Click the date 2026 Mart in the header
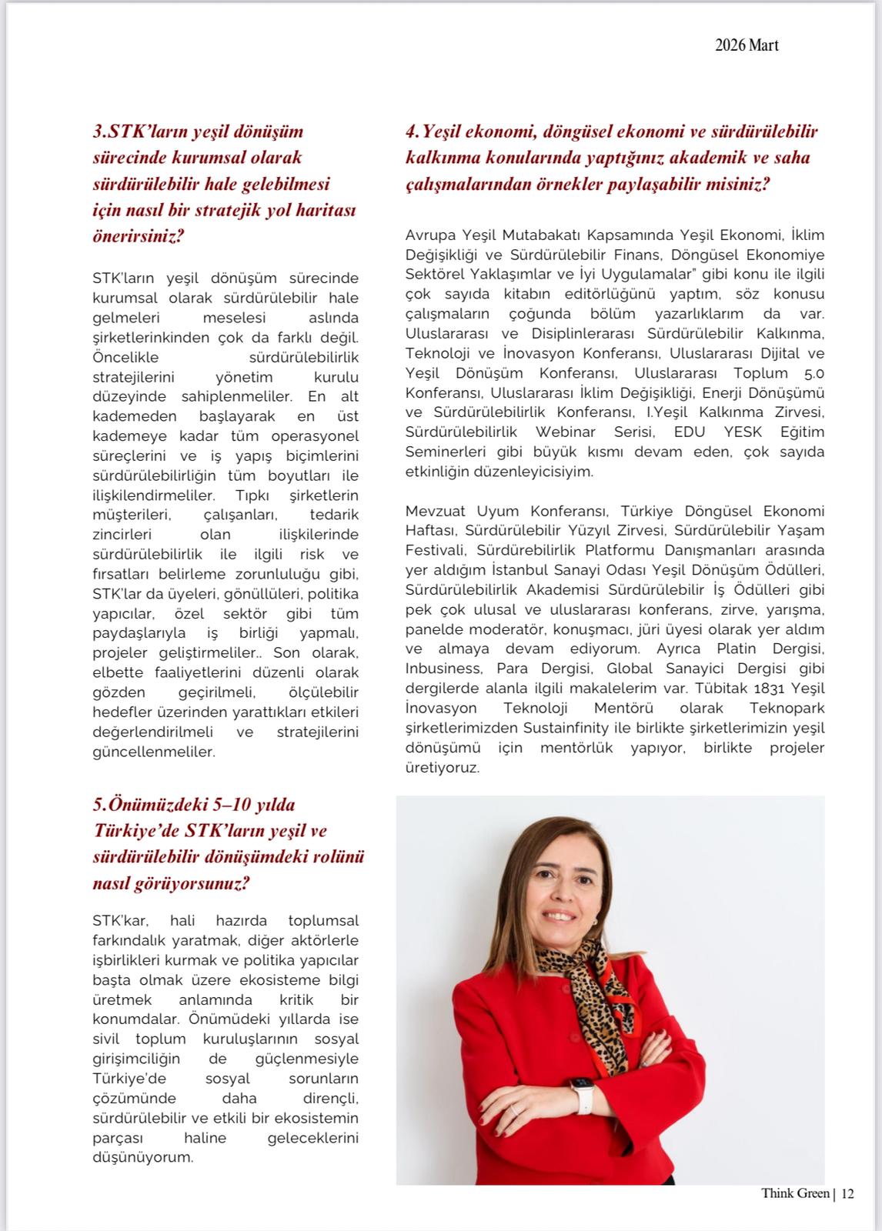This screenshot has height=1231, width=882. pos(747,45)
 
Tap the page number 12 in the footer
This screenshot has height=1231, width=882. pos(847,1194)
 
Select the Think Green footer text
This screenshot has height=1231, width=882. pos(795,1194)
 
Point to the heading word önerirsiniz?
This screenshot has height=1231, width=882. pos(139,236)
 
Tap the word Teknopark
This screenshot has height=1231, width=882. pos(787,708)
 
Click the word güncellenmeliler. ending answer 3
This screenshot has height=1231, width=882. pos(154,752)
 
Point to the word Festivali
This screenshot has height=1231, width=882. pos(436,550)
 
